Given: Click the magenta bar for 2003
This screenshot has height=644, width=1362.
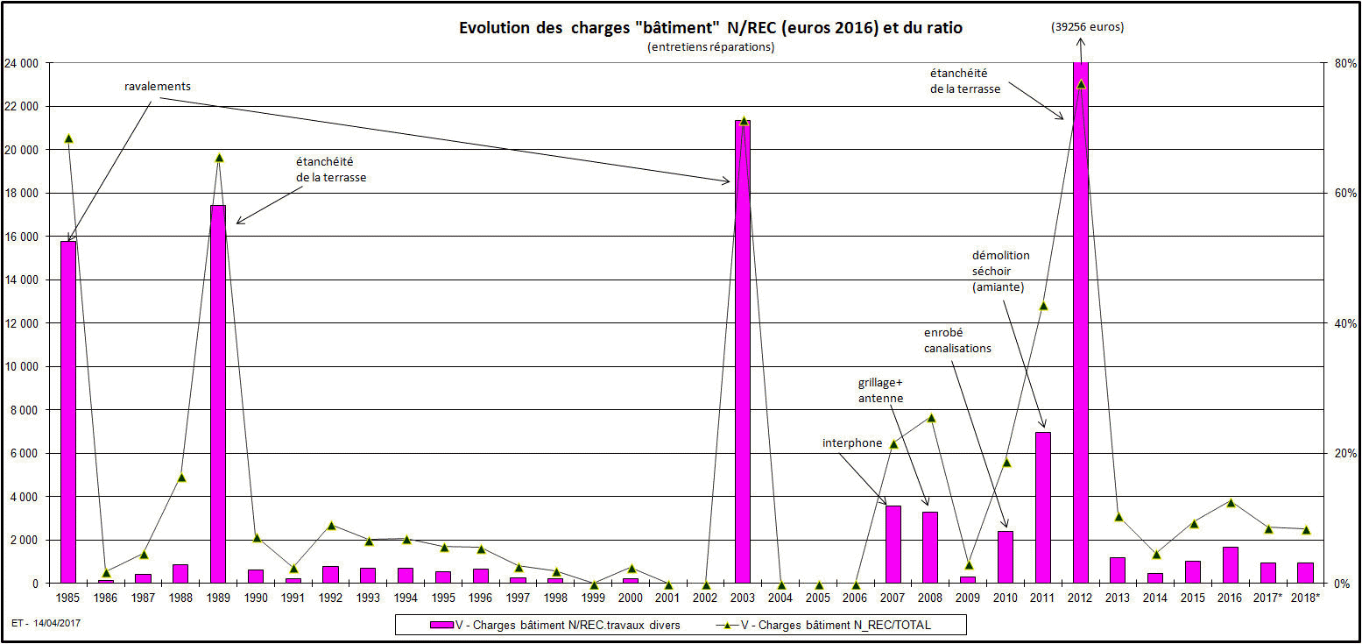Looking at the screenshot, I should (x=743, y=350).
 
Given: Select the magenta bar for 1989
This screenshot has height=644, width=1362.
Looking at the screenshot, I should (x=218, y=394).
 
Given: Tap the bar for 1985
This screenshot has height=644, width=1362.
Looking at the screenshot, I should (x=68, y=412).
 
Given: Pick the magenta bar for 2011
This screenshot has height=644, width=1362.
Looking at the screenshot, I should (x=1042, y=507).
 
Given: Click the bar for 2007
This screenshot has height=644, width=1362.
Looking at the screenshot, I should (x=893, y=544).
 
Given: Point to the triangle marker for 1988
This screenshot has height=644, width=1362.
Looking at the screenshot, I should (x=181, y=478).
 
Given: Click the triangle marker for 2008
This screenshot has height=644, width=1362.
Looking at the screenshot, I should (x=931, y=418).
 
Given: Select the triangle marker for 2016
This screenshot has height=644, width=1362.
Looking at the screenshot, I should (x=1230, y=503).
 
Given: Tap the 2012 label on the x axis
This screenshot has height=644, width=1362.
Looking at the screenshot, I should (x=1080, y=598).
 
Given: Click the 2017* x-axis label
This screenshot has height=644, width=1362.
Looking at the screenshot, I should (x=1268, y=598).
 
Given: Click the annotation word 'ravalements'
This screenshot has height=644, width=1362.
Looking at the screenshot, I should (x=158, y=87).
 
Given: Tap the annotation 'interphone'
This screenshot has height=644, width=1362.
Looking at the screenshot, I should (x=851, y=442).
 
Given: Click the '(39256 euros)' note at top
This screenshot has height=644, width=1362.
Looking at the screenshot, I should (x=1088, y=27).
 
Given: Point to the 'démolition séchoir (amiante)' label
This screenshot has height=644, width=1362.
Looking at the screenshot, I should (x=1000, y=271).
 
